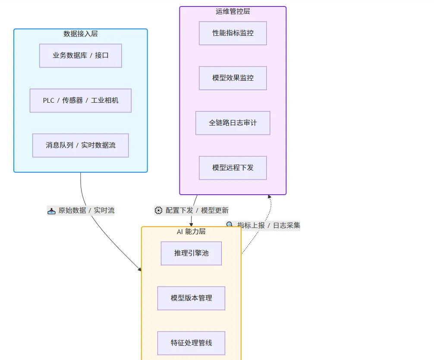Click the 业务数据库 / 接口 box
click(x=81, y=56)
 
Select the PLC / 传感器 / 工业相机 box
click(x=81, y=101)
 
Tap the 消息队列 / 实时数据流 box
click(x=81, y=145)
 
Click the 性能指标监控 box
click(x=233, y=33)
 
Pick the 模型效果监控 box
click(x=233, y=78)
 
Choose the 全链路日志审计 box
click(x=233, y=123)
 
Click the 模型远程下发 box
click(x=233, y=168)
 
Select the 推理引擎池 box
click(x=191, y=253)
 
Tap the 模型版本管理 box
click(x=191, y=298)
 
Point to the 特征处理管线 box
click(x=191, y=343)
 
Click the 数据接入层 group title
click(x=81, y=34)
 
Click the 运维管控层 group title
click(x=233, y=11)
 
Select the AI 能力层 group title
click(x=191, y=231)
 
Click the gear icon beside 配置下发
click(x=159, y=211)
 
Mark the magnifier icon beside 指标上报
click(x=230, y=224)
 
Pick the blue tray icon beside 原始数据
click(x=51, y=211)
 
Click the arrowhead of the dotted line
click(x=269, y=196)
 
